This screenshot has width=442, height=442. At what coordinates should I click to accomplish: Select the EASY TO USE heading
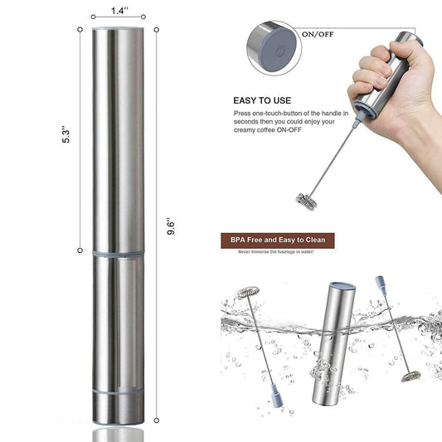(x=264, y=96)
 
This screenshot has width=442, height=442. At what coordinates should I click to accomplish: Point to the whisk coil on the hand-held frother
(x=308, y=198)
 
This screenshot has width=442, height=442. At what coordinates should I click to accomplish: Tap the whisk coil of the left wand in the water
(x=247, y=293)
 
